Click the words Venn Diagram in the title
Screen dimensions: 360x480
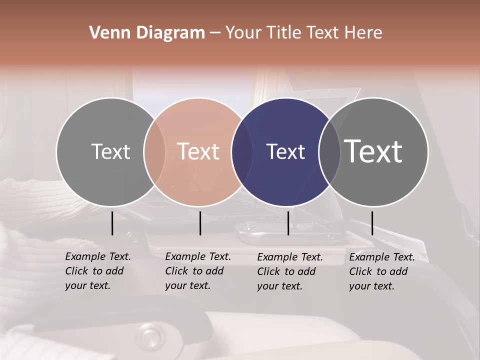[147, 33]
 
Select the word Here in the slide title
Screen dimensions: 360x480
[363, 33]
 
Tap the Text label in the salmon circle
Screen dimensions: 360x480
[198, 151]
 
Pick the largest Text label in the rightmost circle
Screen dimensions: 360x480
[373, 151]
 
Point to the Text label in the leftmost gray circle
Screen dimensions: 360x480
[110, 151]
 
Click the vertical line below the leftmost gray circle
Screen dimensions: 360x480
[112, 223]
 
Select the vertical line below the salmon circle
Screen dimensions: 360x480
[200, 223]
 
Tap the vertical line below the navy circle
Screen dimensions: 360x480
[288, 223]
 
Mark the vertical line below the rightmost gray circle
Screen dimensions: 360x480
[372, 223]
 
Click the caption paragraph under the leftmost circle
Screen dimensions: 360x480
[98, 271]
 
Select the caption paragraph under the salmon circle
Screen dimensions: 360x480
[198, 271]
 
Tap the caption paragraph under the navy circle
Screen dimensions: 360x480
[290, 271]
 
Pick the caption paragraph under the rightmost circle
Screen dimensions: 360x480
[382, 271]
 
